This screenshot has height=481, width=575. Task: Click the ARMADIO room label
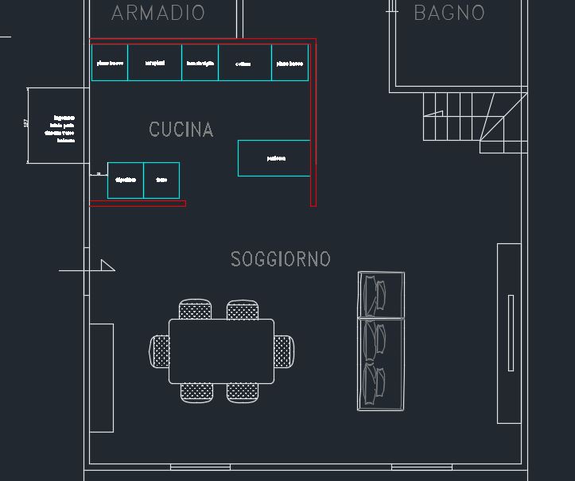click(158, 13)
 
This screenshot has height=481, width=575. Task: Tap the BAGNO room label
click(449, 13)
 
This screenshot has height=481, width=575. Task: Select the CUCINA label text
click(181, 130)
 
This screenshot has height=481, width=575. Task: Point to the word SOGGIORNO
click(280, 259)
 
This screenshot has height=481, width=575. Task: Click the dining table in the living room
click(221, 351)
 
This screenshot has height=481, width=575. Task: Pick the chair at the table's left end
click(160, 351)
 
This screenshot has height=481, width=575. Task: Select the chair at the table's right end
click(284, 351)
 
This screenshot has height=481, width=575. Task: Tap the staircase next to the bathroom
click(475, 122)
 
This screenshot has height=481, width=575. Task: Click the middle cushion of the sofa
click(381, 340)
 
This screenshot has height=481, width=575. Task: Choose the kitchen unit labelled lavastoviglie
click(200, 63)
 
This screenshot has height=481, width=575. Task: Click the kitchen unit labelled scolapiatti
click(154, 63)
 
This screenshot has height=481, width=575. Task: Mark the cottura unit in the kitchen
click(245, 63)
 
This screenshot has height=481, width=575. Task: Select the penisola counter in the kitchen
click(274, 158)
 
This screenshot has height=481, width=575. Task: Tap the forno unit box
click(161, 180)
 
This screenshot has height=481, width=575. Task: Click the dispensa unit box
click(126, 180)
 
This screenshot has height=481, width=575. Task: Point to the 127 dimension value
click(26, 125)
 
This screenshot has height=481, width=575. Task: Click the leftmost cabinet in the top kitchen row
click(110, 63)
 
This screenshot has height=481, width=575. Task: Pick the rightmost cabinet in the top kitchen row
click(290, 63)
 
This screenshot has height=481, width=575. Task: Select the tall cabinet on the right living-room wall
click(509, 333)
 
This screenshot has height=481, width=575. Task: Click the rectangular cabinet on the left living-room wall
click(101, 378)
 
